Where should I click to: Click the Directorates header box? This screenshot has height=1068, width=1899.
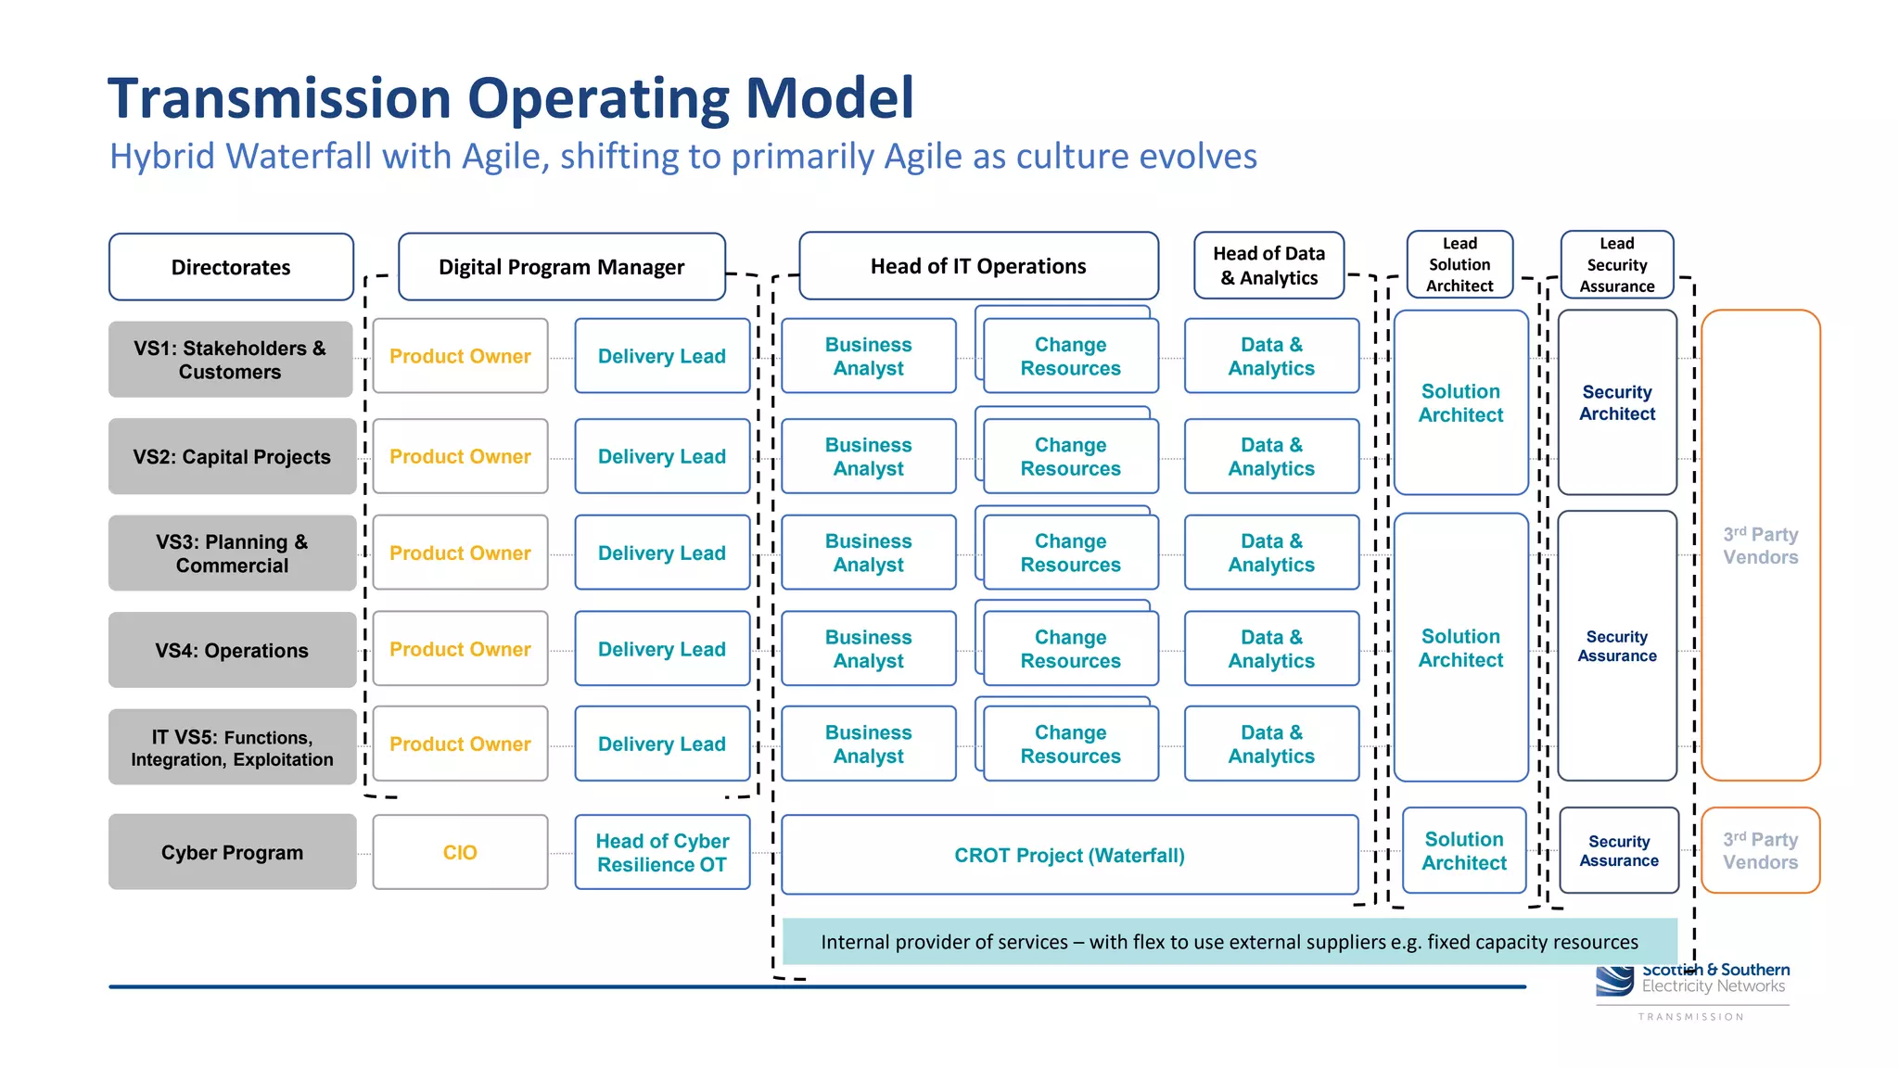pyautogui.click(x=231, y=267)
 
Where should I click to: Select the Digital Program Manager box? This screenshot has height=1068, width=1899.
pyautogui.click(x=561, y=267)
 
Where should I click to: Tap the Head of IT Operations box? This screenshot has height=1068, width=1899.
pyautogui.click(x=978, y=266)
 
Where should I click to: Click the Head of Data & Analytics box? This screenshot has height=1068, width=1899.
pyautogui.click(x=1268, y=265)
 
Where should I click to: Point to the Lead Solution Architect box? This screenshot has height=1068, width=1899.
pyautogui.click(x=1459, y=264)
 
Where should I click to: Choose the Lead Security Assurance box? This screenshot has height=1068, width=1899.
pyautogui.click(x=1616, y=264)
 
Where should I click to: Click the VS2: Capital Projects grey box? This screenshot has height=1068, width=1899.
pyautogui.click(x=232, y=456)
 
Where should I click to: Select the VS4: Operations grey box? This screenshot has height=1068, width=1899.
pyautogui.click(x=232, y=650)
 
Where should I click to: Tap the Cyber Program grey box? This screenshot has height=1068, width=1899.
pyautogui.click(x=232, y=852)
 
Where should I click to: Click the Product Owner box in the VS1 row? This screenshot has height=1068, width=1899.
pyautogui.click(x=460, y=356)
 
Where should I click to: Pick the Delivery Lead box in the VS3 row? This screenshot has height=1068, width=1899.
pyautogui.click(x=661, y=553)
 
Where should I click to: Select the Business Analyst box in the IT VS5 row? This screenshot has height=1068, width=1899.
pyautogui.click(x=868, y=744)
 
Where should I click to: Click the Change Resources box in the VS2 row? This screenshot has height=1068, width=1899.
pyautogui.click(x=1070, y=457)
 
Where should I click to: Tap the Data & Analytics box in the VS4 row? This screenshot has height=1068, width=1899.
pyautogui.click(x=1271, y=649)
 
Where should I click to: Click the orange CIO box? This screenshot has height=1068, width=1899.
pyautogui.click(x=460, y=852)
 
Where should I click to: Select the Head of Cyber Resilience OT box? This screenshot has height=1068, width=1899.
pyautogui.click(x=661, y=852)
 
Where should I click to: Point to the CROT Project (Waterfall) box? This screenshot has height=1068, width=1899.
pyautogui.click(x=1069, y=855)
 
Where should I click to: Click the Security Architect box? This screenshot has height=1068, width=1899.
pyautogui.click(x=1616, y=402)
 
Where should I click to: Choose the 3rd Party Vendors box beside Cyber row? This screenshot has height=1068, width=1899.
pyautogui.click(x=1760, y=850)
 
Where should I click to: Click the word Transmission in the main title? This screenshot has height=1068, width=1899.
pyautogui.click(x=279, y=98)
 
